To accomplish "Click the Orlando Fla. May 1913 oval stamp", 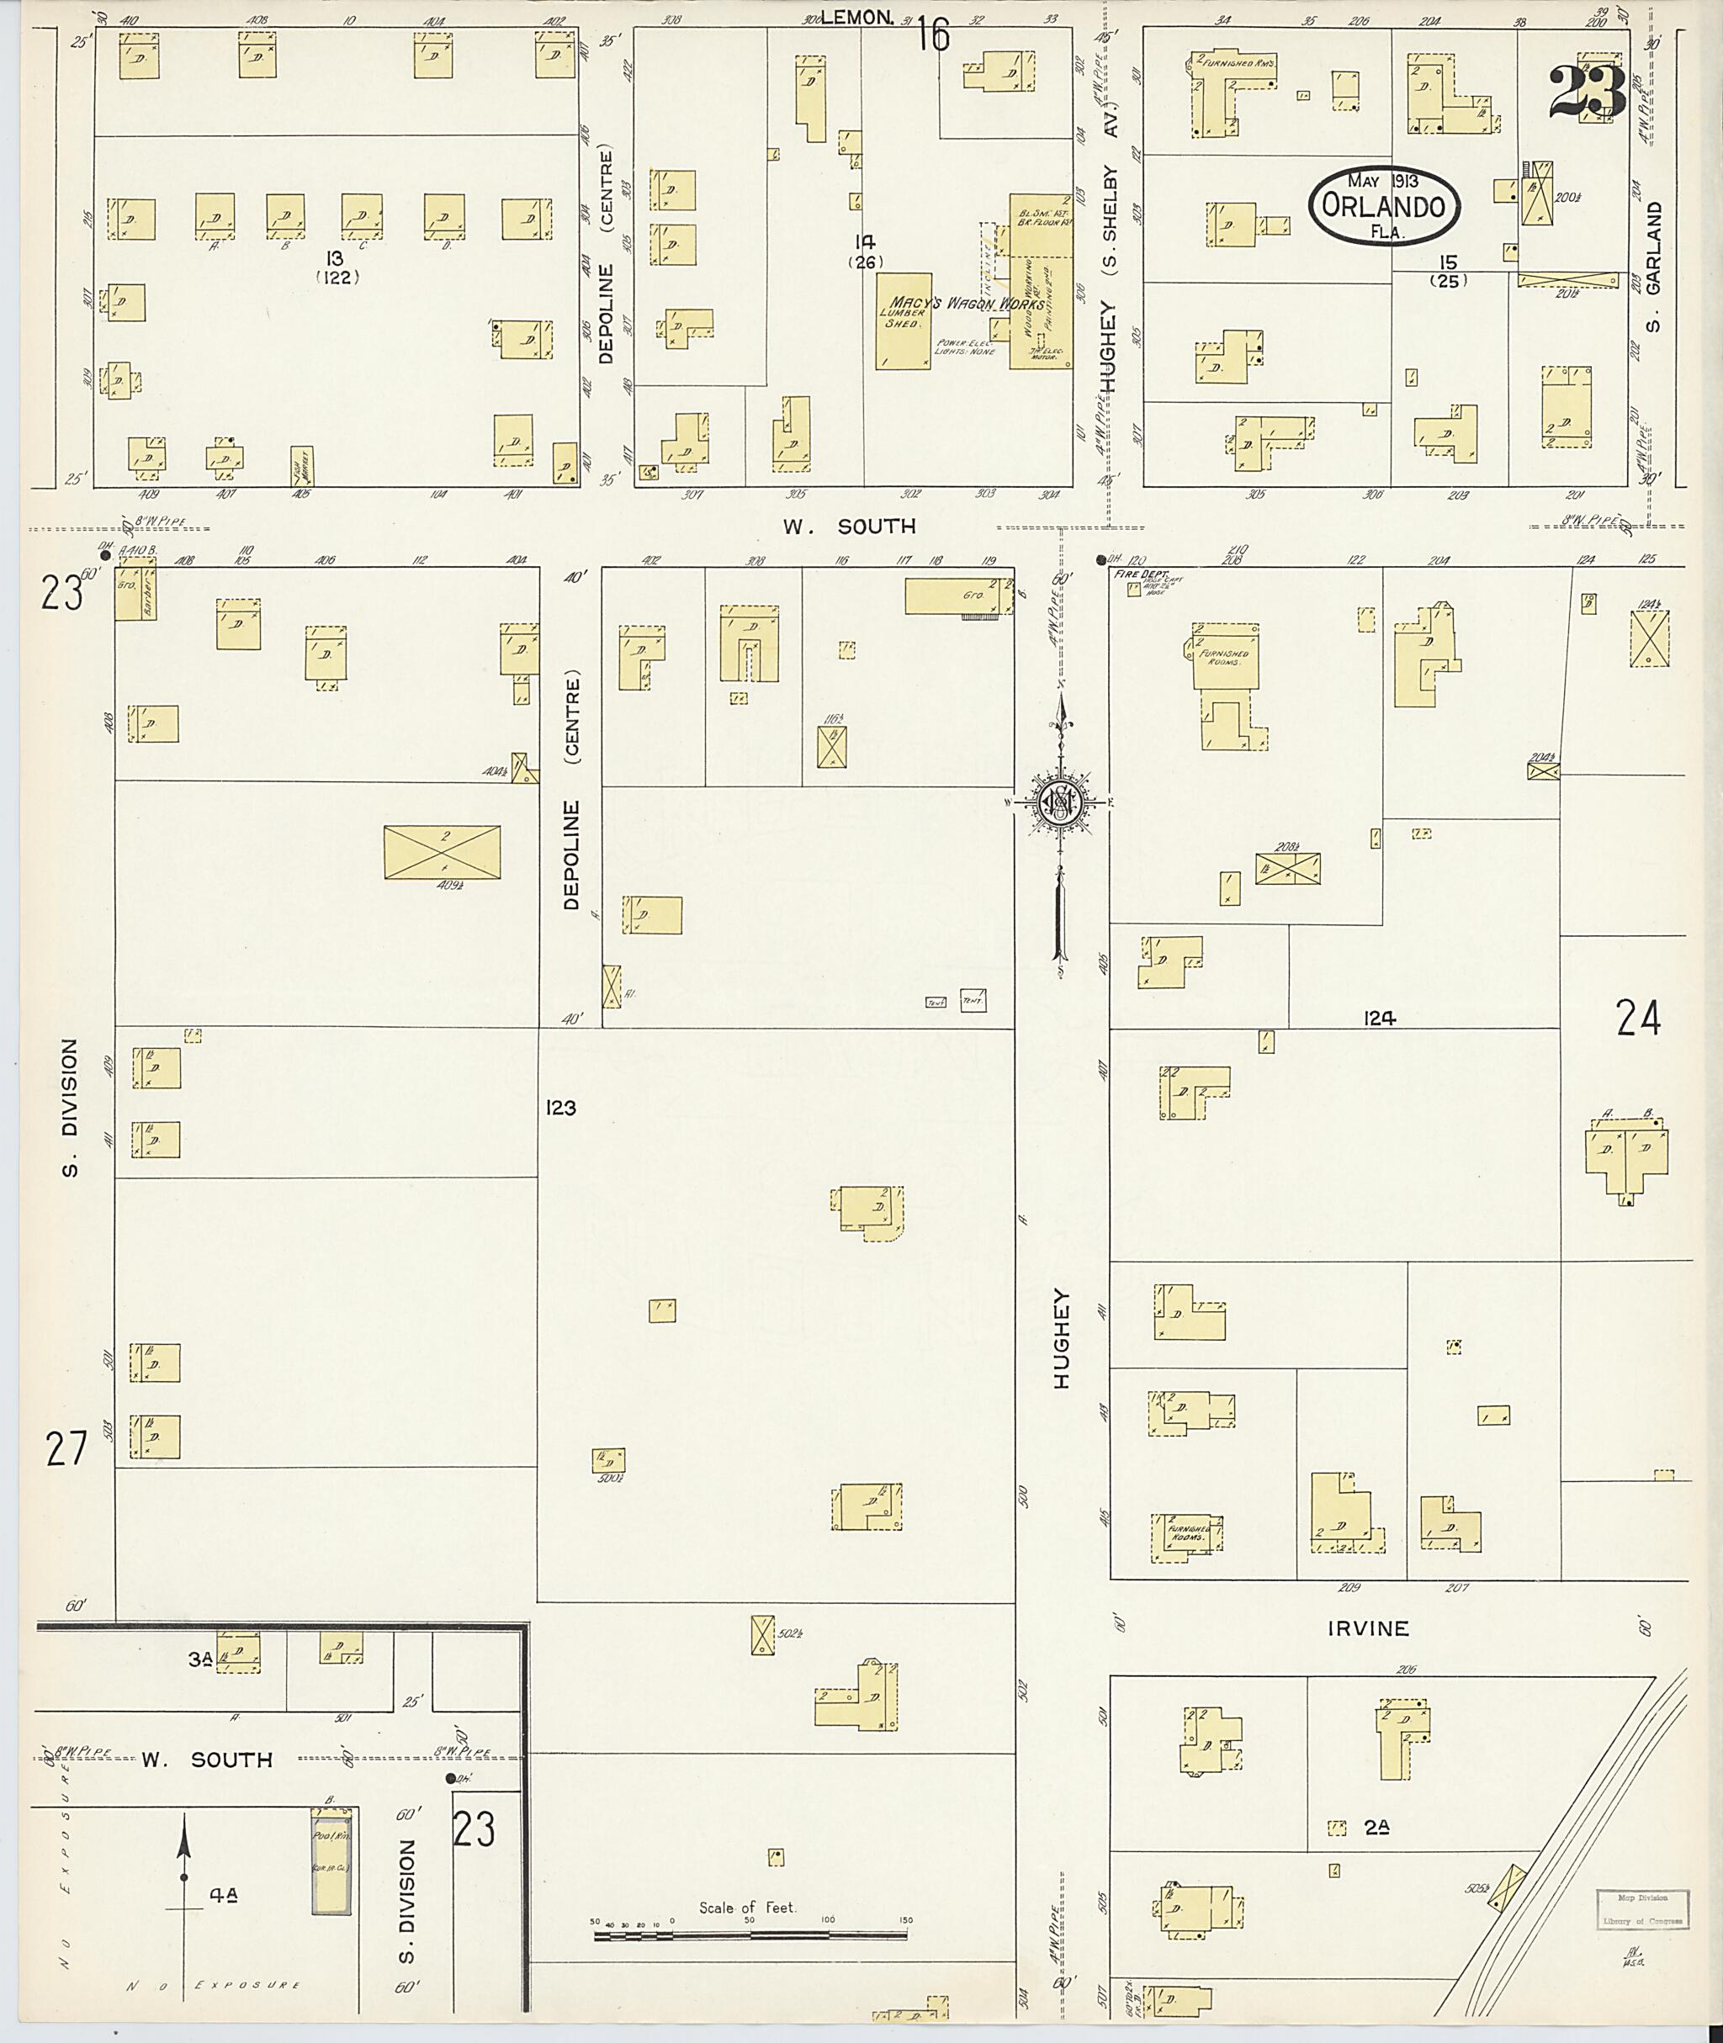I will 1385,205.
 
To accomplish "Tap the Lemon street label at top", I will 856,17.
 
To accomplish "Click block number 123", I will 562,1108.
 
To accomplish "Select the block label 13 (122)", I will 337,267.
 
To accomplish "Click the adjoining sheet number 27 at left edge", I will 66,1449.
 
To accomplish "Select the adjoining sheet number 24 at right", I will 1638,1019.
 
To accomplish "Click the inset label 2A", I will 1376,1826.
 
